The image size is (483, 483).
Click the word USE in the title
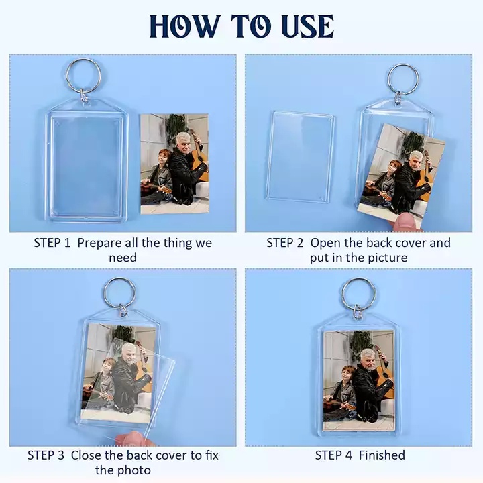tap(308, 26)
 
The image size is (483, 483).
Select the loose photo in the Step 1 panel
tap(174, 164)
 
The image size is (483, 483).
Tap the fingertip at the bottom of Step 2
tap(407, 223)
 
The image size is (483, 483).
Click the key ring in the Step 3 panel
tap(105, 292)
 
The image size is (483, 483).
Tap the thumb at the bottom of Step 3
tap(133, 439)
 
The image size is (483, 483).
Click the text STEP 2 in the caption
tap(285, 243)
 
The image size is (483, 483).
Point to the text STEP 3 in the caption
tap(46, 455)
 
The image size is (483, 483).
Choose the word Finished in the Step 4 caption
tap(382, 455)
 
